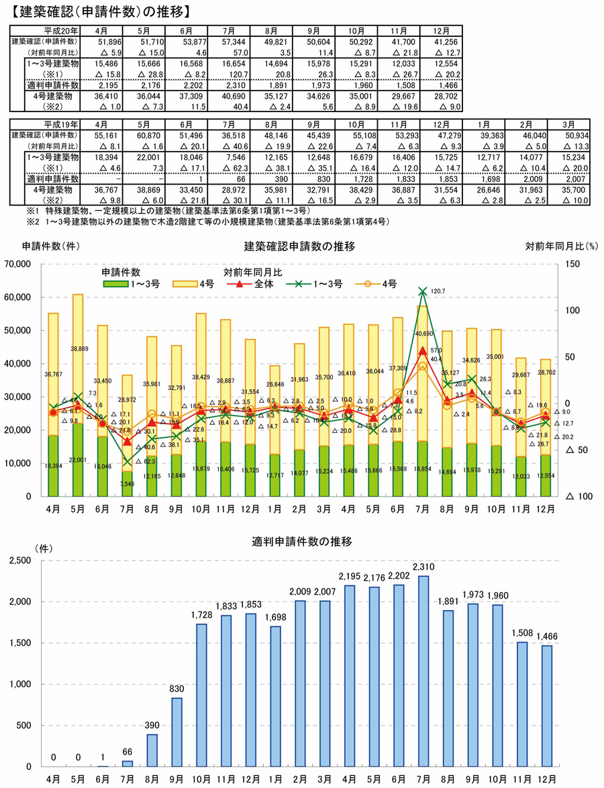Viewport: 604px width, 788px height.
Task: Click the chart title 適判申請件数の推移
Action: pos(299,540)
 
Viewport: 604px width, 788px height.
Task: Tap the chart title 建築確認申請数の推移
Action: pos(299,246)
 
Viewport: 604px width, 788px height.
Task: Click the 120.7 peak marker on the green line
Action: pos(423,291)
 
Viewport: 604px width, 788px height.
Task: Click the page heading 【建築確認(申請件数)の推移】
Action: pos(98,11)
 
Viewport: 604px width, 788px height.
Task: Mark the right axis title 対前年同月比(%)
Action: pos(561,246)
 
